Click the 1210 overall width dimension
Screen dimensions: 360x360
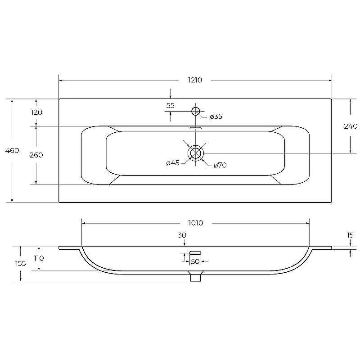[x=195, y=80]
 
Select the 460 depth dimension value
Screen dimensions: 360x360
[x=12, y=151]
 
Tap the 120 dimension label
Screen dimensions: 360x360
[x=36, y=112]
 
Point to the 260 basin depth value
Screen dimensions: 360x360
[x=36, y=155]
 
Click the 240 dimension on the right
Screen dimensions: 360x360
[x=351, y=126]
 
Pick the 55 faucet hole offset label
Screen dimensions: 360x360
[x=171, y=106]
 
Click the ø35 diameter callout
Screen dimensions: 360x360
[x=216, y=117]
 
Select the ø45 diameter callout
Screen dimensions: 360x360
[x=173, y=163]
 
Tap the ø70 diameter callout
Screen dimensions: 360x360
[x=220, y=165]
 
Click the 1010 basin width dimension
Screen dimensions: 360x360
[x=196, y=223]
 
